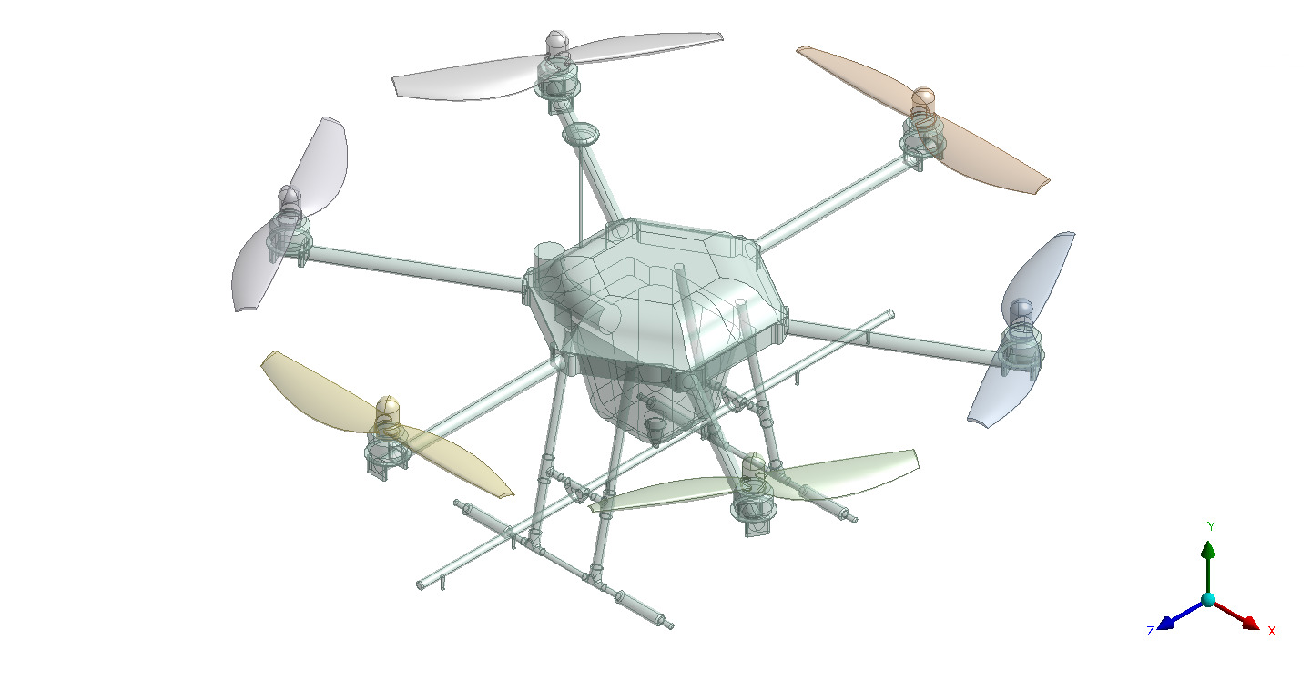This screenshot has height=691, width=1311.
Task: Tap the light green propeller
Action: (856, 469)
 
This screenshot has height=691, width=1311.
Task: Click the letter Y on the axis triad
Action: (1211, 526)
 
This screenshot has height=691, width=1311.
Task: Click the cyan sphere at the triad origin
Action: (1208, 599)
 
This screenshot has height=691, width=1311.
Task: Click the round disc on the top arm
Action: (581, 136)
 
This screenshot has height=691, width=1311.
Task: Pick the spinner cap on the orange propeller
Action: (923, 97)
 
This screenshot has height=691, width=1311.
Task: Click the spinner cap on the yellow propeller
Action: (387, 407)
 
